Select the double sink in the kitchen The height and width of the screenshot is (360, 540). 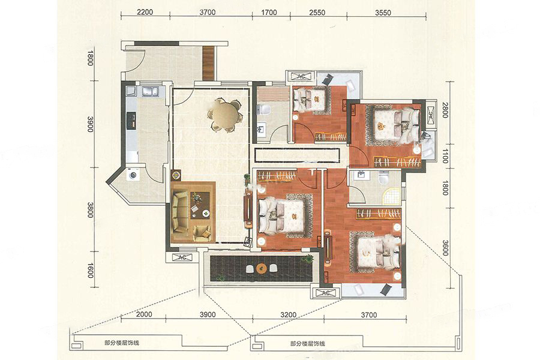click(151, 91)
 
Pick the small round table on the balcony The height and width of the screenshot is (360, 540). click(262, 268)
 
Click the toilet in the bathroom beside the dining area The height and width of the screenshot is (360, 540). click(264, 110)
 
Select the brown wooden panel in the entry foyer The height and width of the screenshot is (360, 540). click(209, 63)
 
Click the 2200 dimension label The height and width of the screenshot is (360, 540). click(145, 12)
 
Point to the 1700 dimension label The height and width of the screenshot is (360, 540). click(269, 13)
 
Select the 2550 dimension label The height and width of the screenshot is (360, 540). click(317, 13)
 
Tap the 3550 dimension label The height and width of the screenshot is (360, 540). click(383, 13)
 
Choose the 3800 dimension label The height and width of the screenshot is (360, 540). click(90, 209)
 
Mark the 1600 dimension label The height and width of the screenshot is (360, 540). click(90, 271)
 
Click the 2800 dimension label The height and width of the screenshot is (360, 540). click(445, 110)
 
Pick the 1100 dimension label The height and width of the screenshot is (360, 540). click(445, 156)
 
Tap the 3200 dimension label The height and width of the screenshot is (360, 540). click(288, 315)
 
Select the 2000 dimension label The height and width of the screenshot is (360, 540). click(144, 314)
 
